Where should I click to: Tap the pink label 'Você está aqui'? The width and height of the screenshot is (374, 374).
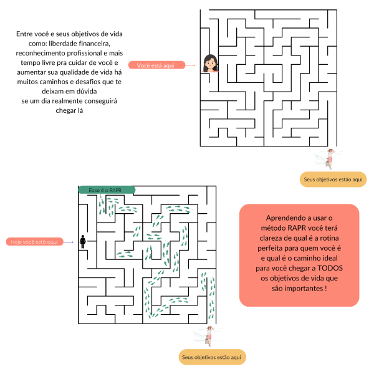point(156,65)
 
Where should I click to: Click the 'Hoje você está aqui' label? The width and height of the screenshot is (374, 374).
point(35,241)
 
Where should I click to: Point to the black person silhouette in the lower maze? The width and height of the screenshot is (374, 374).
point(82,242)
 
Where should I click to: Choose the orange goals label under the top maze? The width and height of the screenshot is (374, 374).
point(332,180)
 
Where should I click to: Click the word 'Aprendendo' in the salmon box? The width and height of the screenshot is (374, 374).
point(287,218)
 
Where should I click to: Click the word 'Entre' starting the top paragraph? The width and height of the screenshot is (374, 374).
point(26,34)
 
